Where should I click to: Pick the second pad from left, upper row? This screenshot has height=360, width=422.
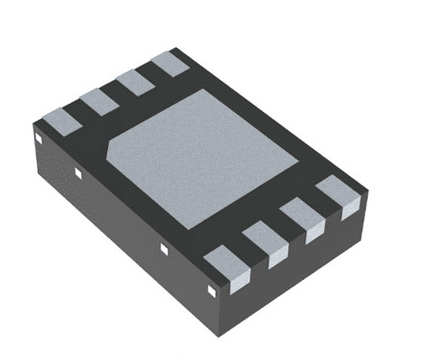coord(97,100)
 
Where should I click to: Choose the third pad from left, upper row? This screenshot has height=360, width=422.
coord(133,82)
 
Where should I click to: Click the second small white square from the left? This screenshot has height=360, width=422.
coord(78,173)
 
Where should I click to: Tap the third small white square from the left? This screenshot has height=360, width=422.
coord(165,249)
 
